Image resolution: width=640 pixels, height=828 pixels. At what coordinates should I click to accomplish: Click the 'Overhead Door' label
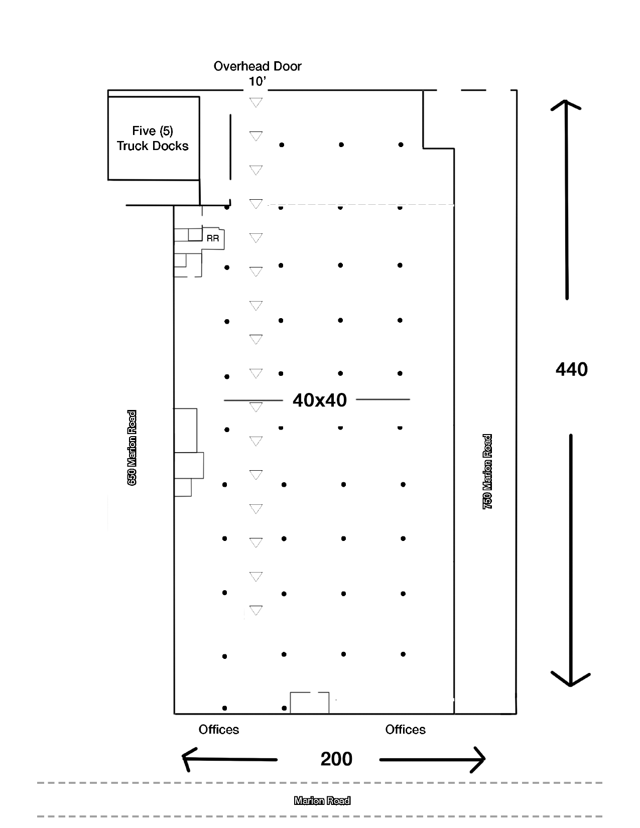click(x=258, y=66)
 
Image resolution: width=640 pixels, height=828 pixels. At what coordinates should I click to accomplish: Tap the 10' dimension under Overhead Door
click(x=257, y=81)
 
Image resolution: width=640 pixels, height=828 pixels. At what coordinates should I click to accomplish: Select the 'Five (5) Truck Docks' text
click(x=153, y=139)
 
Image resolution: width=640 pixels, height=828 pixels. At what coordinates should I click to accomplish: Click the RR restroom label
click(x=213, y=238)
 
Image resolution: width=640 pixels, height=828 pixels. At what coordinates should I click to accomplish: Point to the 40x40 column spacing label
click(x=320, y=400)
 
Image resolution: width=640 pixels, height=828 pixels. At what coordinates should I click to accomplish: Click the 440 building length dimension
click(x=571, y=369)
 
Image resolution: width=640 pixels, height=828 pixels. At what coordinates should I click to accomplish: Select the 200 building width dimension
click(x=336, y=759)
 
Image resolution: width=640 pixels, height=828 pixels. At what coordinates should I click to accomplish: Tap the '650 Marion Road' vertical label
click(x=132, y=448)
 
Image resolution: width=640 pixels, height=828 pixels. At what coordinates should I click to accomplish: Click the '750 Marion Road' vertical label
click(x=487, y=472)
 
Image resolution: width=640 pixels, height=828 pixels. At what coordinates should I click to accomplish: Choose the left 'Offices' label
click(x=219, y=730)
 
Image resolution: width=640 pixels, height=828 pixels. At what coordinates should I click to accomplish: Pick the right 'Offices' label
click(x=405, y=730)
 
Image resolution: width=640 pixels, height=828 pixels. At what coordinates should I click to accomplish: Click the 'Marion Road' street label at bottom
click(x=322, y=800)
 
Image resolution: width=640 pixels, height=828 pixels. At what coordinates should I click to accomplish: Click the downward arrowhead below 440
click(x=571, y=680)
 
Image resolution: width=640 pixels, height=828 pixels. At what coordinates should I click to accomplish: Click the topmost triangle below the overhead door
click(x=256, y=102)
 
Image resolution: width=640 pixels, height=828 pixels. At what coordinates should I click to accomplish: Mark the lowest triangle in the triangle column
click(x=256, y=611)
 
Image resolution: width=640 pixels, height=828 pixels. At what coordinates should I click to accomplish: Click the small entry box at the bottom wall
click(x=310, y=703)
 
